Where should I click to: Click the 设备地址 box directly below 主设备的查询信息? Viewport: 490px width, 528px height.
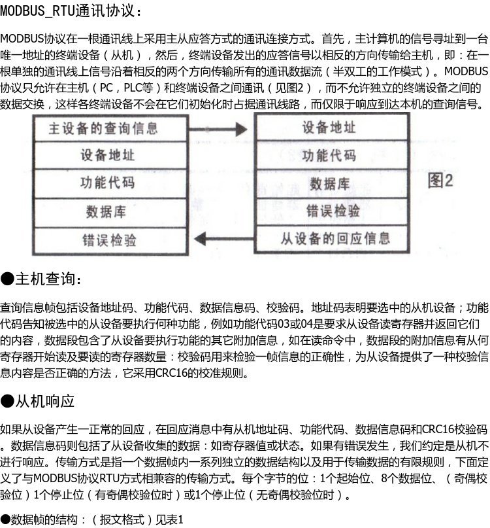click(x=107, y=155)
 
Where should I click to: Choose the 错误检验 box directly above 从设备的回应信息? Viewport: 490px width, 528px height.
click(x=333, y=211)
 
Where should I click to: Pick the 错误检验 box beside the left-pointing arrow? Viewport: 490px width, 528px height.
click(x=109, y=239)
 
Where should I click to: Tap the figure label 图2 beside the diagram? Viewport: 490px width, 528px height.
click(x=440, y=181)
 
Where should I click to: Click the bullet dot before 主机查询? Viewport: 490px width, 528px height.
click(x=7, y=280)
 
